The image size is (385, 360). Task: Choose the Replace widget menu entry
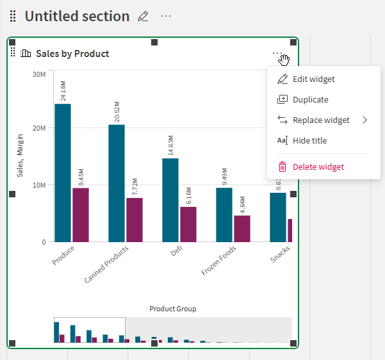point(321,120)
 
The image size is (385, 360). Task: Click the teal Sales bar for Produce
point(63,173)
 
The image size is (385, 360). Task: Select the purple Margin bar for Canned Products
point(135,220)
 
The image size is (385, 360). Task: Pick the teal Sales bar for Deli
point(170,200)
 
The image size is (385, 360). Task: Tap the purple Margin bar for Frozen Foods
point(242,229)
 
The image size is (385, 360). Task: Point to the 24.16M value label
point(63,91)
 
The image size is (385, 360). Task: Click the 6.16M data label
point(188,195)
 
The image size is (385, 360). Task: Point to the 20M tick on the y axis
point(39,128)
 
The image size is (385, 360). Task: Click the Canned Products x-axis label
point(106,265)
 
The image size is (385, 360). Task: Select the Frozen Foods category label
point(219,261)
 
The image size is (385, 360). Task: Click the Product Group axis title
point(173,309)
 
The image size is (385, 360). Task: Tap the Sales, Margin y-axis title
point(20,156)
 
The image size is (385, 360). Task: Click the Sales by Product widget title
point(72,54)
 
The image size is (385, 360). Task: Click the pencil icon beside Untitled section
point(143,16)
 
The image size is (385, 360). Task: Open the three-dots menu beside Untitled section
point(166,16)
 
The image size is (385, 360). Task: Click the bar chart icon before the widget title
point(26,53)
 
